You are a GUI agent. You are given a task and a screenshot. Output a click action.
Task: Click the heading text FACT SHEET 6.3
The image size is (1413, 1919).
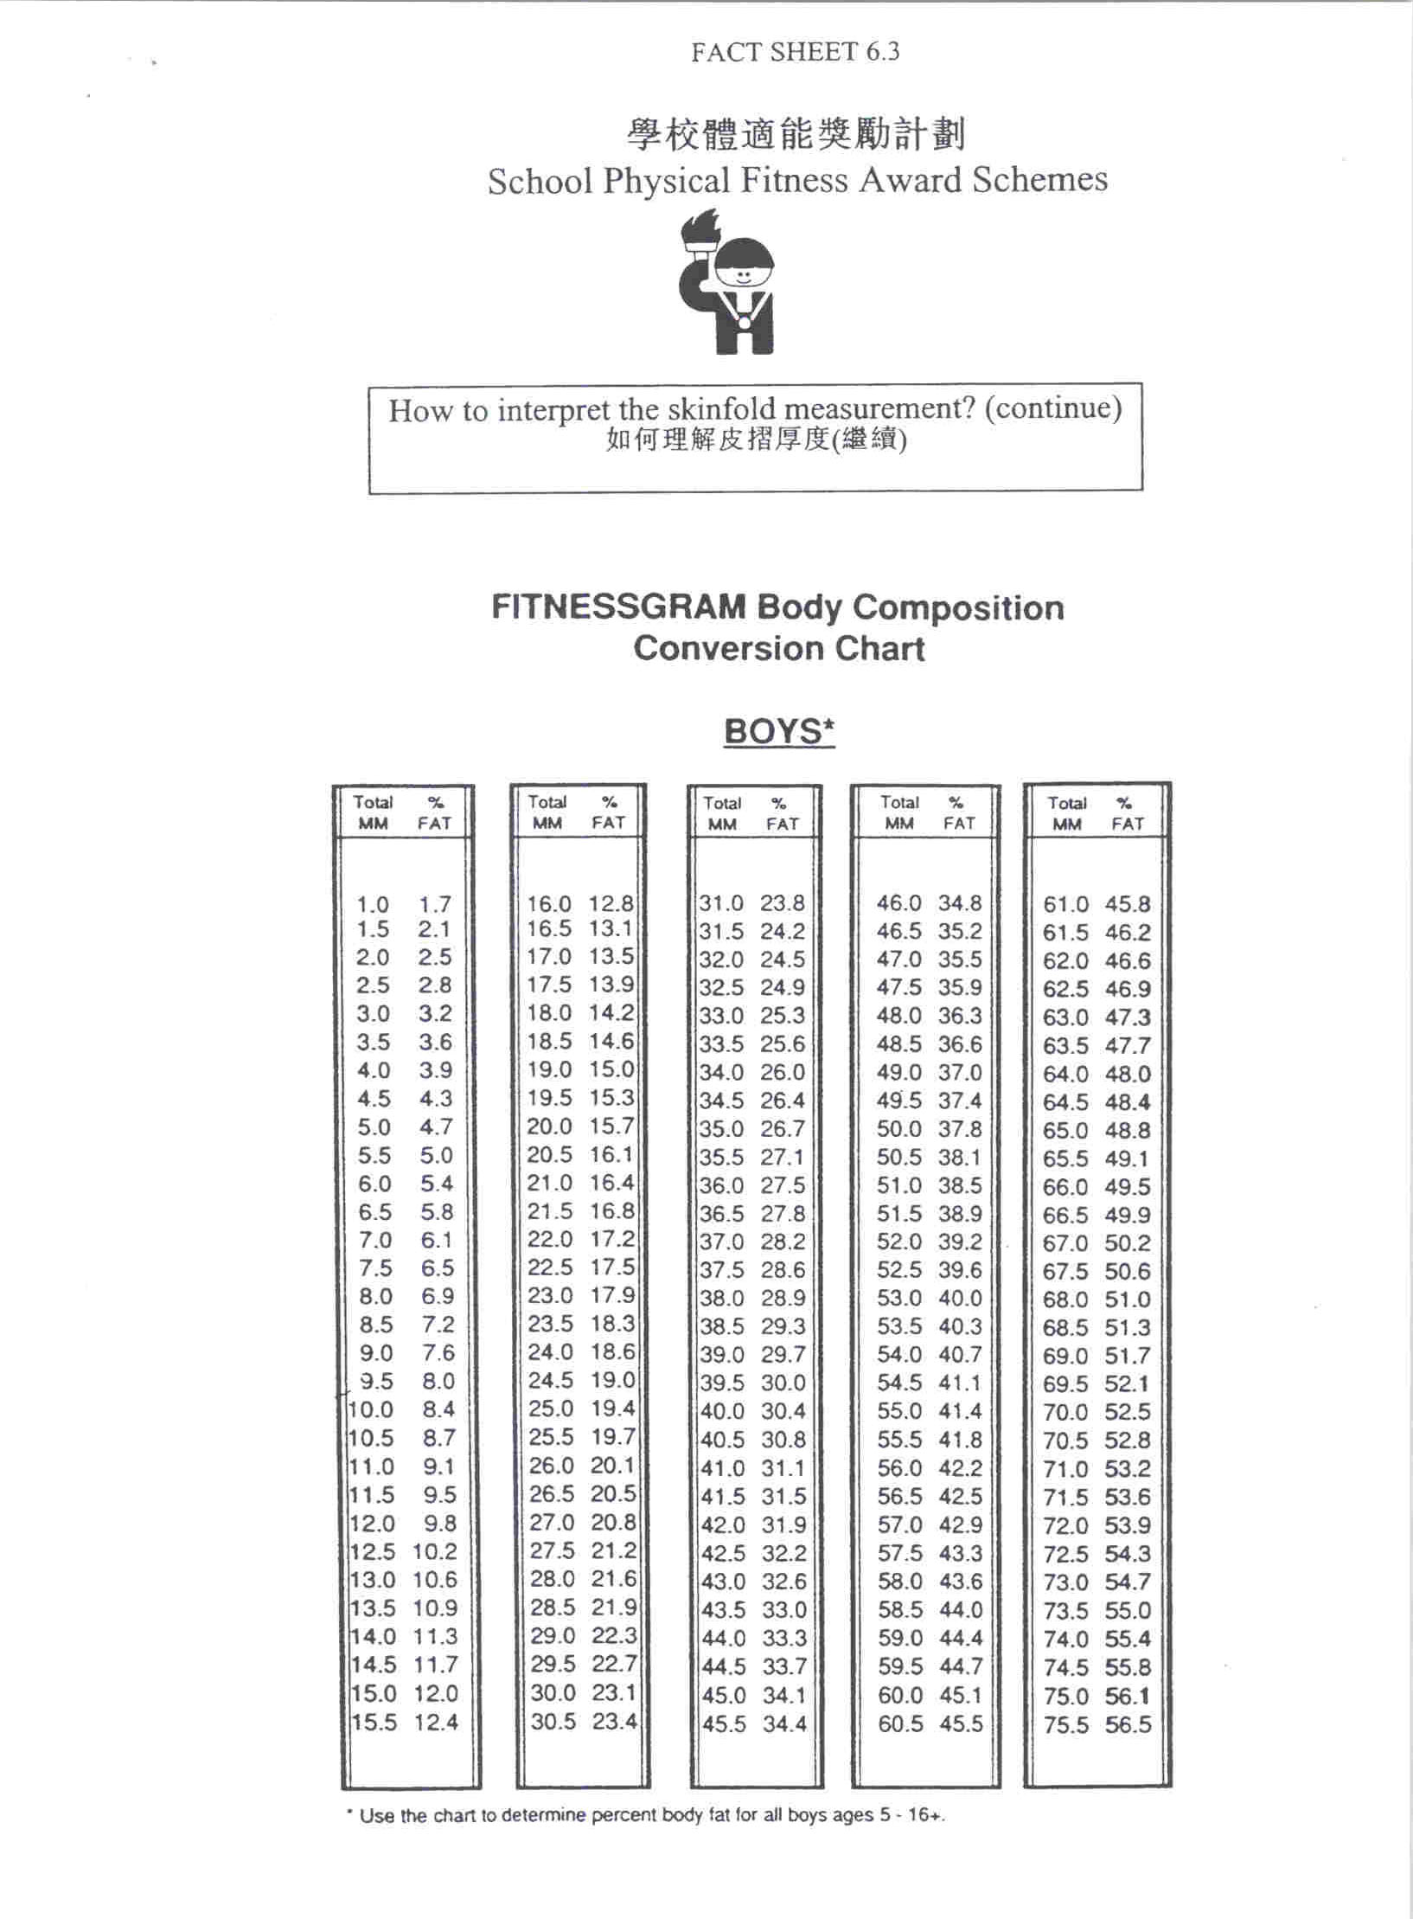[x=795, y=52]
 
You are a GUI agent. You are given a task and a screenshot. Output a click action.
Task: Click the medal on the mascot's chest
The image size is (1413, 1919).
[x=745, y=322]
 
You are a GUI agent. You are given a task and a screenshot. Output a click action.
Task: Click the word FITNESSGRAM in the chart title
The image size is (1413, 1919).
[x=617, y=607]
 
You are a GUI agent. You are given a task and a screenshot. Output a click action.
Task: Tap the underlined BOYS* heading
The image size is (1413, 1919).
[x=778, y=732]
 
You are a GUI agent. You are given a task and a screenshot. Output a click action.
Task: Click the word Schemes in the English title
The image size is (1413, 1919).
[x=1039, y=180]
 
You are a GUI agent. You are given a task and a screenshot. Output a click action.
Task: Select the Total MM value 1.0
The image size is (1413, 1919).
[x=373, y=905]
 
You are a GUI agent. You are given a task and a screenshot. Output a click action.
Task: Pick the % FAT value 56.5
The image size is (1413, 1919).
[x=1128, y=1724]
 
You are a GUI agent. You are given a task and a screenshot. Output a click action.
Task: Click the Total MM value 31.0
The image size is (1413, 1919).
[x=721, y=903]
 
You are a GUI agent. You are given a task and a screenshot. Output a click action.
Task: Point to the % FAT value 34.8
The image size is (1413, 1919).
[x=960, y=903]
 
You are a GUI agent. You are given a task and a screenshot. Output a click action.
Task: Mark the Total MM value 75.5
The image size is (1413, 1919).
[x=1065, y=1724]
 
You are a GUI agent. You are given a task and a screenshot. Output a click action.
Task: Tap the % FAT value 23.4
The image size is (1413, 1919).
[x=614, y=1721]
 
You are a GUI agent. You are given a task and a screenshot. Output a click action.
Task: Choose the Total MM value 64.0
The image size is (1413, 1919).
[x=1065, y=1074]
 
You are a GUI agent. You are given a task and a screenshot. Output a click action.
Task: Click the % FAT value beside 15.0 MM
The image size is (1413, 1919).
[x=436, y=1693]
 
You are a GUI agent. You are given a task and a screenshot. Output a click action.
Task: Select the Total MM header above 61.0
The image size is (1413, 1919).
[x=1067, y=813]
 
